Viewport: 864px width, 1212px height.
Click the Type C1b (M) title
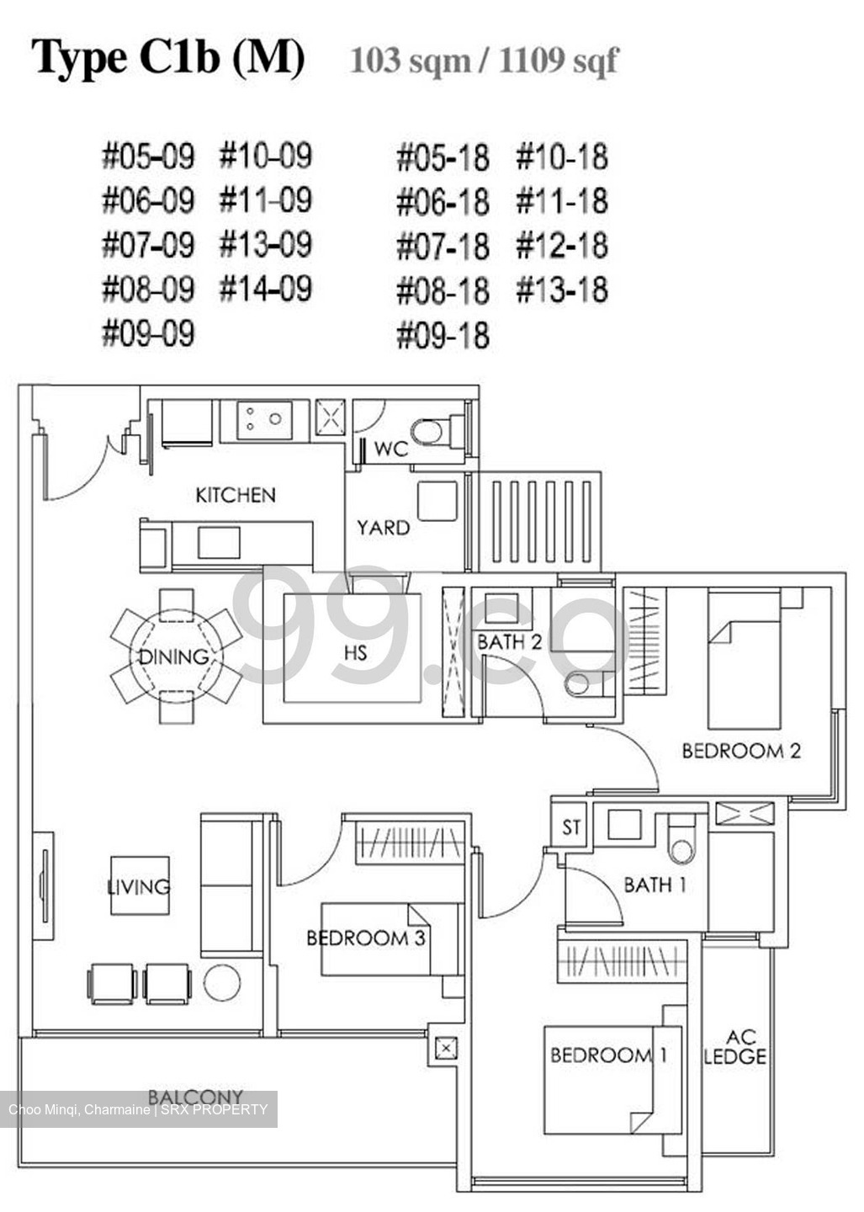pos(168,58)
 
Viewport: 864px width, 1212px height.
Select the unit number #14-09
pos(266,289)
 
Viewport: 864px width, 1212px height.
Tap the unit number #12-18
pos(561,246)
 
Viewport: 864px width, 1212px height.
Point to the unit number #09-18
pos(443,334)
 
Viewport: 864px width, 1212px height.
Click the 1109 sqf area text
pos(558,61)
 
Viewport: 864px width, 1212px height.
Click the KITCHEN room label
pos(235,495)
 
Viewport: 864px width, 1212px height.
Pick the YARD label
pos(383,528)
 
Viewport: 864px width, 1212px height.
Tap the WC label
pos(390,449)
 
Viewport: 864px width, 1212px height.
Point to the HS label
pos(355,652)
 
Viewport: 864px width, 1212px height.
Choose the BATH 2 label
pos(510,642)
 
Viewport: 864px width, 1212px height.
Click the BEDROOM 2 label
pos(740,750)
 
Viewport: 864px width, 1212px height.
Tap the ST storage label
pos(571,827)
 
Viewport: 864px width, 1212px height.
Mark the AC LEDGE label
pos(734,1047)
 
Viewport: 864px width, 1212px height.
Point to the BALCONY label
pos(195,1097)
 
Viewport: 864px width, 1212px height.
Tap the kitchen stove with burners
pos(264,419)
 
